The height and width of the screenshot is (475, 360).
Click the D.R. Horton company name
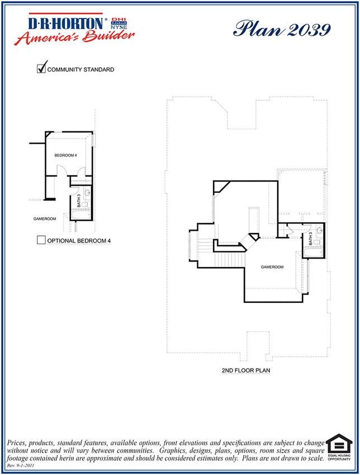(66, 23)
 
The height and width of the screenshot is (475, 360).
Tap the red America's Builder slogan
(75, 37)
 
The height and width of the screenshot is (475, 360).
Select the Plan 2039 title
(282, 28)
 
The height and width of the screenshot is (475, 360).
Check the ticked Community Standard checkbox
(41, 69)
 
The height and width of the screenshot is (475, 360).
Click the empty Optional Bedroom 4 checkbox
(41, 240)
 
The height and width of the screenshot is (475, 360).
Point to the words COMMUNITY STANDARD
(81, 70)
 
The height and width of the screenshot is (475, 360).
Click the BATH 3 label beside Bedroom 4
(79, 199)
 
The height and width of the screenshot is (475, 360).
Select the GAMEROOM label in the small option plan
(45, 218)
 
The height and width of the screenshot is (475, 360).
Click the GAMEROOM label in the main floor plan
(272, 267)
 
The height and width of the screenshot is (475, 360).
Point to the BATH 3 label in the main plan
(311, 240)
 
